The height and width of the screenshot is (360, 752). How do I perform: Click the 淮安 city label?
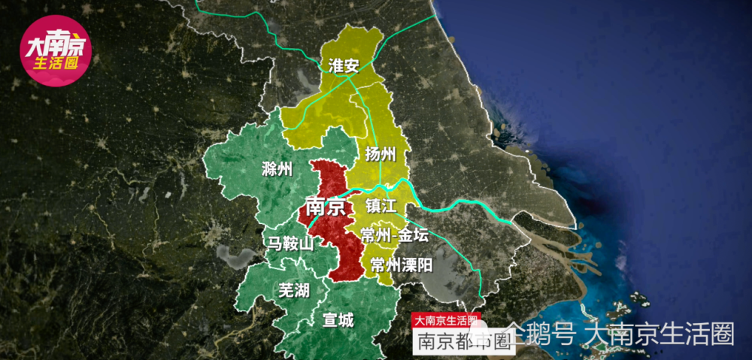[x=343, y=65]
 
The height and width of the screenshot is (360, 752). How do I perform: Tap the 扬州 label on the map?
[x=381, y=155]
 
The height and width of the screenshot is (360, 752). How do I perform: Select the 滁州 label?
[x=277, y=168]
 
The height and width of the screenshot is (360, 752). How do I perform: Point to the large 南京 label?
[x=326, y=206]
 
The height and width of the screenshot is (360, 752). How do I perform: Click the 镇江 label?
[x=381, y=206]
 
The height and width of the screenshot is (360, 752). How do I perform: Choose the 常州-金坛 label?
[x=394, y=235]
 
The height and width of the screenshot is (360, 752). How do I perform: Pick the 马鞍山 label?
[x=291, y=244]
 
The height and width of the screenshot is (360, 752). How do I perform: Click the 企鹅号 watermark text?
[x=540, y=333]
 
